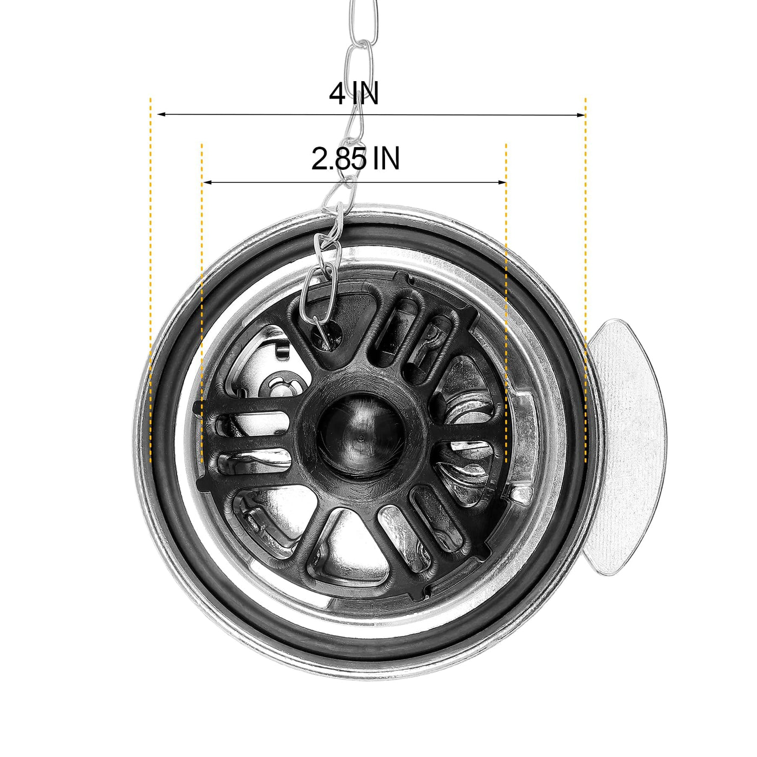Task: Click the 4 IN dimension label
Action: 354,94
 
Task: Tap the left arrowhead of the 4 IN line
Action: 161,114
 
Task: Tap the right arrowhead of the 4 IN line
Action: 581,115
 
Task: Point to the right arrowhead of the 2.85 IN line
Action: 502,183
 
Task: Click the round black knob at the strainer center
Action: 360,436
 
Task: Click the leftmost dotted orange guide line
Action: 150,281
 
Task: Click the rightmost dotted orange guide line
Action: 586,281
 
